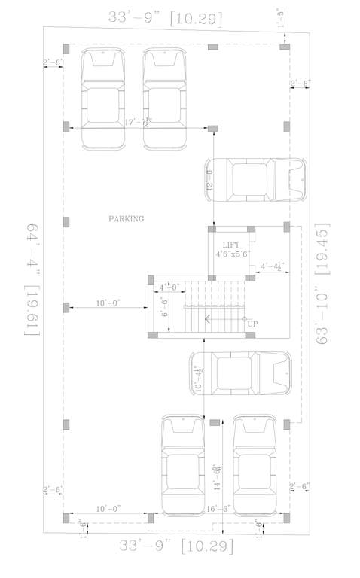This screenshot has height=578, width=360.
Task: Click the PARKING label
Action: [126, 218]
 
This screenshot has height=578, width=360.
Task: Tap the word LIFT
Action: [230, 245]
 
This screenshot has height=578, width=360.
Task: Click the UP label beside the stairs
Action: [253, 324]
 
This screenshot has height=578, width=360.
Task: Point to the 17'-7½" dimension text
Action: [138, 122]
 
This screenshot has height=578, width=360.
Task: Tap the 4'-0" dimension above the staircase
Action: [169, 287]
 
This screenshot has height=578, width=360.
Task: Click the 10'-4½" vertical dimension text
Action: [198, 379]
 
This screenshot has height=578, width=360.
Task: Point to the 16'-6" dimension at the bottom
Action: [218, 510]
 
